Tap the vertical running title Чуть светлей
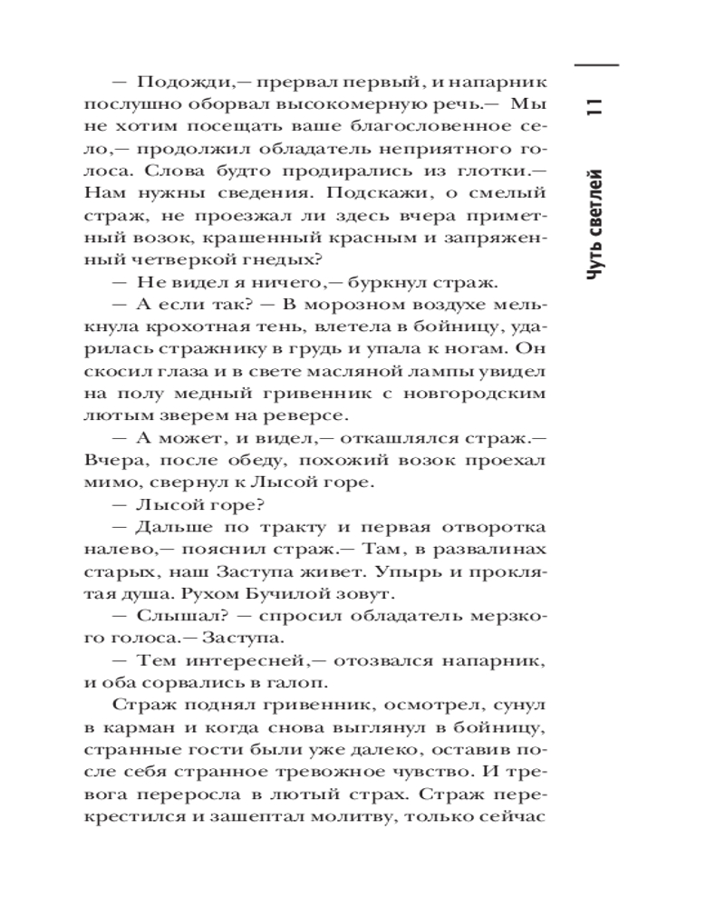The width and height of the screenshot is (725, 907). coord(595,222)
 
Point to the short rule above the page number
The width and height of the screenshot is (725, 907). coord(595,67)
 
